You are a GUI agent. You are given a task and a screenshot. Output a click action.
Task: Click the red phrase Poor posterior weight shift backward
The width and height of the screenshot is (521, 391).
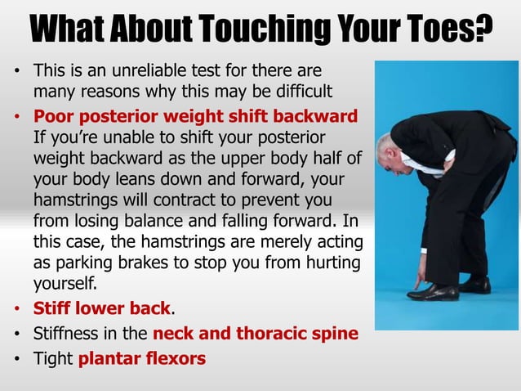pos(195,116)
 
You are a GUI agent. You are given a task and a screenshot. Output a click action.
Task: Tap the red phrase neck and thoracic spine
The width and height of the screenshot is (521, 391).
pos(256,334)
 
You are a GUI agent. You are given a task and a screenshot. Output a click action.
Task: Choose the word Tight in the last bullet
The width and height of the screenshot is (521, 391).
pos(52,357)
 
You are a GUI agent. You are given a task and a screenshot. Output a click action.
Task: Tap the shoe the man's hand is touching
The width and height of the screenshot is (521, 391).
pos(434,291)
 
